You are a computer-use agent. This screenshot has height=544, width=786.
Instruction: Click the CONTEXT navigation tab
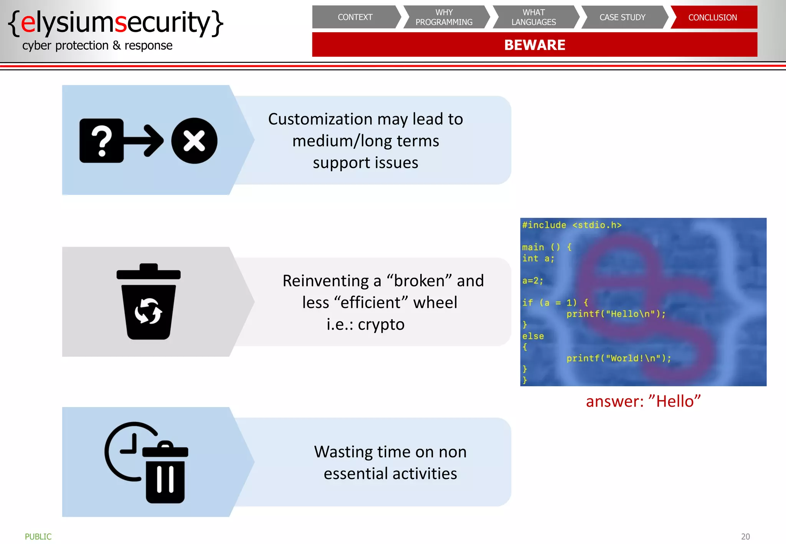355,17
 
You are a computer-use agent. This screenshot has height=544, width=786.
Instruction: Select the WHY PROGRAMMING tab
444,17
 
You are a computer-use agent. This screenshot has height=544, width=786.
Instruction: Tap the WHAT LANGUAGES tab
533,17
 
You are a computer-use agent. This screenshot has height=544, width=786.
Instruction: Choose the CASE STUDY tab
623,17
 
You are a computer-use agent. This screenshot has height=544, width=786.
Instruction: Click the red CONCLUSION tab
713,17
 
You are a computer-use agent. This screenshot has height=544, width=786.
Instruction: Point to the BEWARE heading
535,45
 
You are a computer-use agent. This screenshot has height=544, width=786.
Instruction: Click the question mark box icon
102,141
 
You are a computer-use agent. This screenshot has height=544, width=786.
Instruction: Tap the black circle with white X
194,141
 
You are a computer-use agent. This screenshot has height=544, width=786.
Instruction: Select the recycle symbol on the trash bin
148,311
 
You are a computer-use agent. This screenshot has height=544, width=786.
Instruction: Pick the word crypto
381,325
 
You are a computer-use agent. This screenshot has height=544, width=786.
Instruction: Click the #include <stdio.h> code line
571,225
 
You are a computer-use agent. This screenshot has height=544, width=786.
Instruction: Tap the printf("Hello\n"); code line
616,314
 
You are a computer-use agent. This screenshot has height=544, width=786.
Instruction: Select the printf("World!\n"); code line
619,358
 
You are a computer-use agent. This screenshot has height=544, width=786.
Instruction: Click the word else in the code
533,336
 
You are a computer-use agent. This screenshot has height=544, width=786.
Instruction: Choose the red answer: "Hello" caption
643,401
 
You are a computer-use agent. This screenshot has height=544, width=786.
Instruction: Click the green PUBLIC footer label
38,536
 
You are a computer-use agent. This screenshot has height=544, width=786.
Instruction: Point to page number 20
745,536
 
